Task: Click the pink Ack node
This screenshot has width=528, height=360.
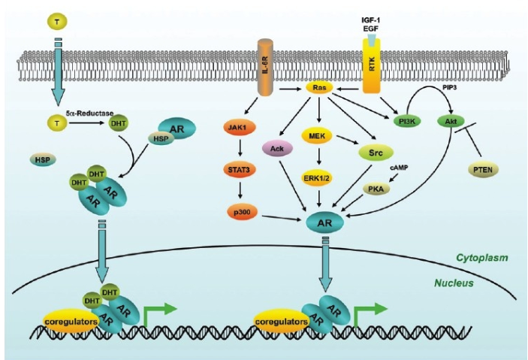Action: (x=276, y=148)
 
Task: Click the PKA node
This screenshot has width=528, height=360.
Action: (x=376, y=188)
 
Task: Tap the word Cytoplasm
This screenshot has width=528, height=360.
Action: (x=481, y=258)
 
